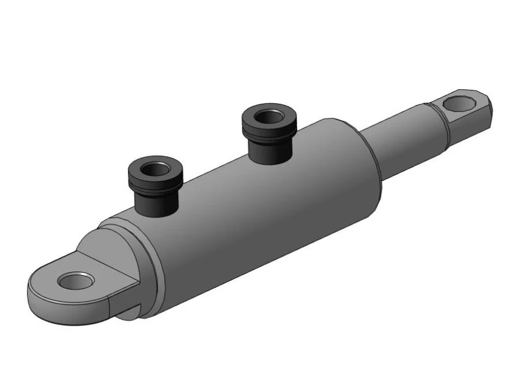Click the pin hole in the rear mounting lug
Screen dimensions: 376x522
coord(75,281)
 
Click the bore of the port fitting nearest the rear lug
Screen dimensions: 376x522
coord(154,171)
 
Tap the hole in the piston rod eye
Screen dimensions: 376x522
coord(458,104)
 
